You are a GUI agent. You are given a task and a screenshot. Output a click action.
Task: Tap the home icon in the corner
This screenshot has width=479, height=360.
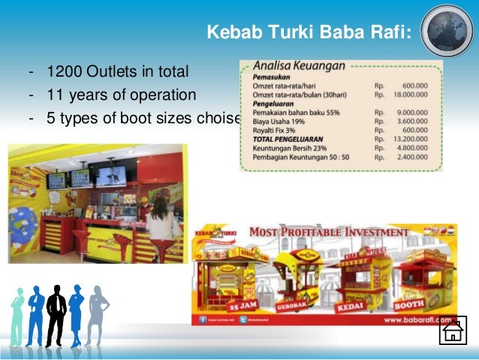(452, 331)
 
